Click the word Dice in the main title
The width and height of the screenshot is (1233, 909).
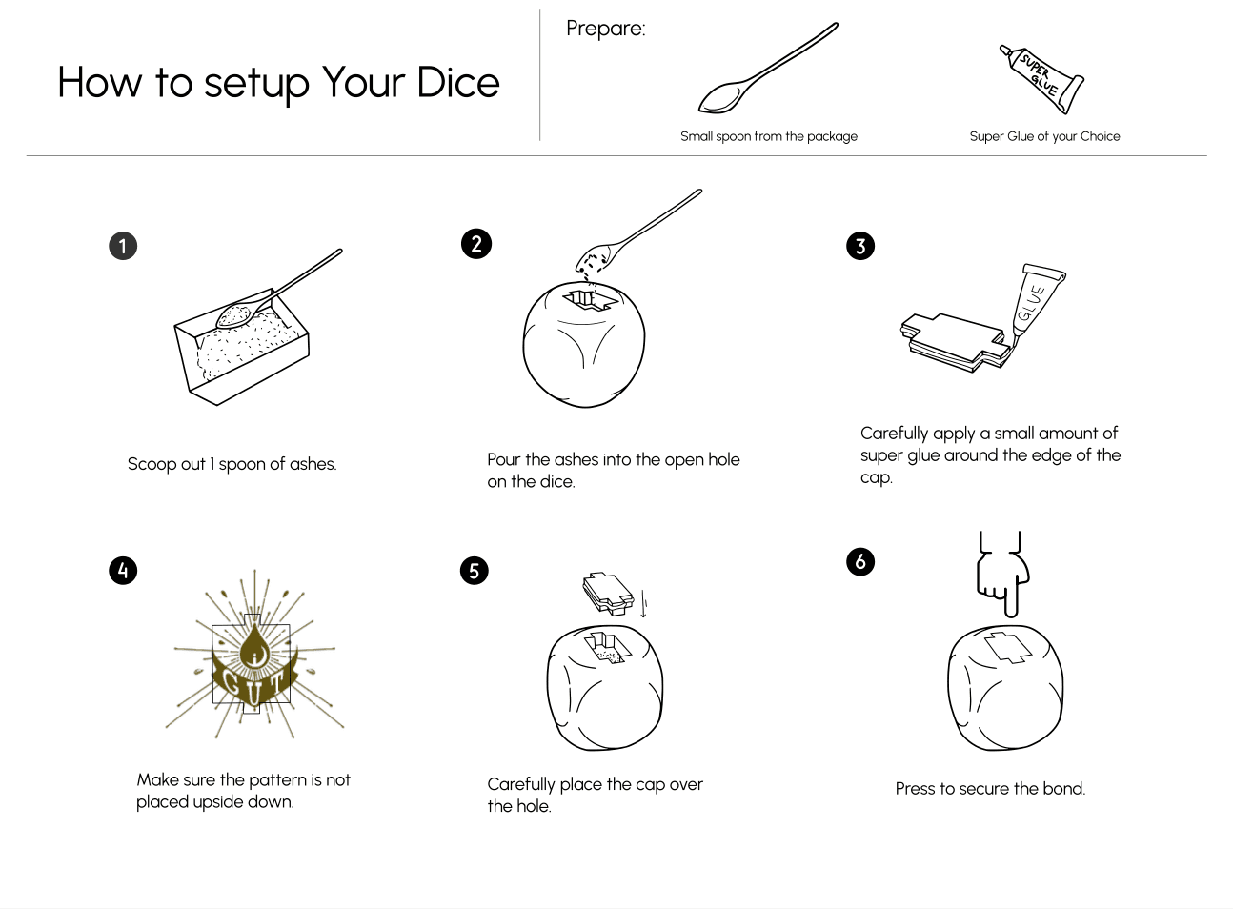coord(458,83)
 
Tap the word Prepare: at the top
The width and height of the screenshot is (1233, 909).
coord(605,29)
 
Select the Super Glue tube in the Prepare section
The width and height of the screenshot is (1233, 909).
coord(1041,79)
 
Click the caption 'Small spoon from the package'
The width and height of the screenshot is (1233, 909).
coord(768,136)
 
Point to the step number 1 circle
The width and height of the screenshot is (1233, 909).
coord(123,246)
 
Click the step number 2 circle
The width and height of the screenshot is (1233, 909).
coord(476,244)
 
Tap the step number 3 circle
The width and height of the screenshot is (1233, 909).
coord(860,246)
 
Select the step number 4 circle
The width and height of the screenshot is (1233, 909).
coord(123,571)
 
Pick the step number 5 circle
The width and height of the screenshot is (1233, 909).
coord(474,571)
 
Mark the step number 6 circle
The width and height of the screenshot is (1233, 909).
coord(860,561)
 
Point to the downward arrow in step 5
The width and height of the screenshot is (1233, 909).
coord(643,604)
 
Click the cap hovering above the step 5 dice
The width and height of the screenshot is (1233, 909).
coord(608,594)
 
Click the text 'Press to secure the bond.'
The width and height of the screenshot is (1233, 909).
coord(990,788)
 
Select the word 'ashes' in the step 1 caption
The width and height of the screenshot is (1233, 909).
coord(313,464)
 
